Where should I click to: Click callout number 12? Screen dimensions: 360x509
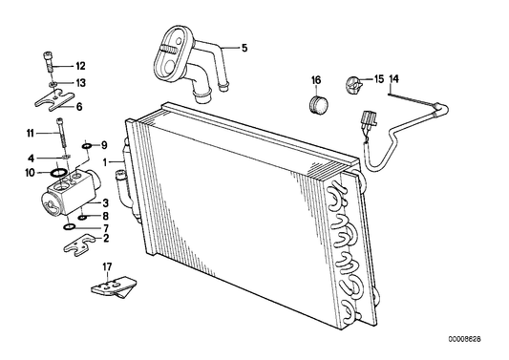point(80,66)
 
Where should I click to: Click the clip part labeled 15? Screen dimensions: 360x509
point(350,84)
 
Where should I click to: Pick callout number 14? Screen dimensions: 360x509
point(394,78)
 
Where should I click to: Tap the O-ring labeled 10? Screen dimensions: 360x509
point(57,173)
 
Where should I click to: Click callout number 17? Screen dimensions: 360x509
point(108,267)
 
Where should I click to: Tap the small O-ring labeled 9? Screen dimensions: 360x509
point(86,145)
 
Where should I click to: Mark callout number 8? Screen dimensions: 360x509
point(105,216)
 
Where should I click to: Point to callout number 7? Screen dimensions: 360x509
point(106,228)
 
